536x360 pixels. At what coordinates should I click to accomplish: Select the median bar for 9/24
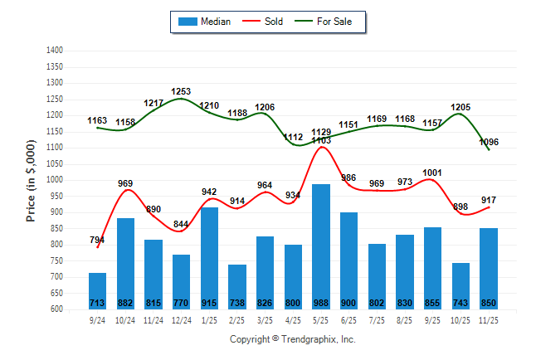pyautogui.click(x=98, y=290)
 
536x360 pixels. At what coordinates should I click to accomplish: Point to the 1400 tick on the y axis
pyautogui.click(x=56, y=51)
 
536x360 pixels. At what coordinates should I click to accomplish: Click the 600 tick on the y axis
pyautogui.click(x=56, y=309)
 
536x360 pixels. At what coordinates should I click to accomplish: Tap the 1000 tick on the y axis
pyautogui.click(x=56, y=180)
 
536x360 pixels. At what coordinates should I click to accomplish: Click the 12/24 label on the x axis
pyautogui.click(x=182, y=319)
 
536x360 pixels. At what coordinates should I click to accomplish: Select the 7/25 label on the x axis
pyautogui.click(x=378, y=319)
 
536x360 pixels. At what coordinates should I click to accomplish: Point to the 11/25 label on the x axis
pyautogui.click(x=490, y=319)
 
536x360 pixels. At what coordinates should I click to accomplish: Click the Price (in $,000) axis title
pyautogui.click(x=32, y=180)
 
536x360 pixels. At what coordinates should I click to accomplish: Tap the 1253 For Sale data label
pyautogui.click(x=182, y=91)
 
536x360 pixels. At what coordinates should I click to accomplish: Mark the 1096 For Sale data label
pyautogui.click(x=490, y=142)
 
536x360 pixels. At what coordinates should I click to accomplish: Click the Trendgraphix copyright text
pyautogui.click(x=292, y=339)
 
